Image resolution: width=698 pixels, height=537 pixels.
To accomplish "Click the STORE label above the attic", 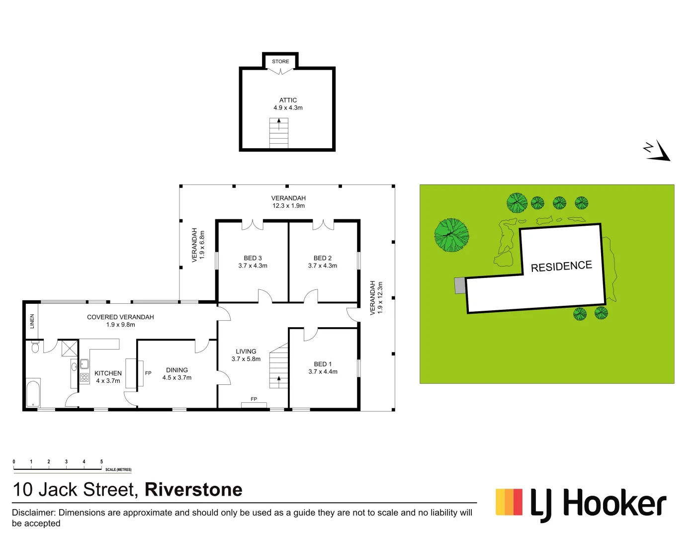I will click(x=280, y=62).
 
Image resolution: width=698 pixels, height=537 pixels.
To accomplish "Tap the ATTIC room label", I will click(x=288, y=100).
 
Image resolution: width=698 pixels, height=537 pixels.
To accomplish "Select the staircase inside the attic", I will click(x=279, y=133).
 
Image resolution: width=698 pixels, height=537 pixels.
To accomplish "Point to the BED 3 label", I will click(x=253, y=259).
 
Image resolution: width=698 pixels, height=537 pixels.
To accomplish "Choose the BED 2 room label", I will click(x=322, y=259).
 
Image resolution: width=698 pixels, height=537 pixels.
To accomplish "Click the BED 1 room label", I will click(x=323, y=364).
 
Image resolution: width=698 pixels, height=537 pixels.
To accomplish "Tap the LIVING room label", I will click(x=246, y=352).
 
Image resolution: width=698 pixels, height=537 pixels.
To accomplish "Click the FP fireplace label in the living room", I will click(x=254, y=399).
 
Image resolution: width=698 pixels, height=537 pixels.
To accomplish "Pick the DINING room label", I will click(x=177, y=370).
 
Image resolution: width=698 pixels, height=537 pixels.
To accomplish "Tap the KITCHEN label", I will click(x=108, y=373).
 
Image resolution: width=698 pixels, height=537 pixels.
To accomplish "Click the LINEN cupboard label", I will click(x=32, y=321).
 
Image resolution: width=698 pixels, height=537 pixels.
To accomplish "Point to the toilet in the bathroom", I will click(x=35, y=347).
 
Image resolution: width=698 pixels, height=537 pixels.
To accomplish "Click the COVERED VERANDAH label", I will click(x=120, y=317).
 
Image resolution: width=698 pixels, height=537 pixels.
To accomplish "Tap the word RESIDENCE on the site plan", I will click(x=561, y=267).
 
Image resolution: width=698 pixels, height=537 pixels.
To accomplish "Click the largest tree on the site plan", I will click(x=451, y=235).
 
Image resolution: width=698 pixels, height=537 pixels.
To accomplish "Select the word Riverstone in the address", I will click(x=193, y=490).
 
